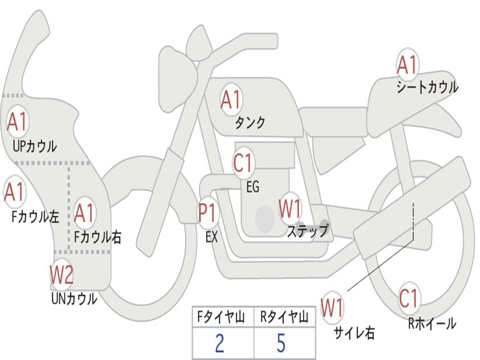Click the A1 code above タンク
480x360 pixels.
231,99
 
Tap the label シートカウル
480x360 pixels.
427,88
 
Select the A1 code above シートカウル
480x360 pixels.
407,65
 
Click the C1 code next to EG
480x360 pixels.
243,164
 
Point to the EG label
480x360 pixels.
253,187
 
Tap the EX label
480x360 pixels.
211,237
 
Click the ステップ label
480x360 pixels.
307,231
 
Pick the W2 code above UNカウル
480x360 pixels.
62,275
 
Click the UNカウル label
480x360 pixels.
74,299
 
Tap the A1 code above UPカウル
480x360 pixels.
17,122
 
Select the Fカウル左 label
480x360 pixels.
36,217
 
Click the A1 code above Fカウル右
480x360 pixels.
85,213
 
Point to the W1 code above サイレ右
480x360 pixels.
332,307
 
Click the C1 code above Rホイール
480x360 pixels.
408,299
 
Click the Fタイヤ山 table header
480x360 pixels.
223,318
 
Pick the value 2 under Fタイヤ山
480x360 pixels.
219,343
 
